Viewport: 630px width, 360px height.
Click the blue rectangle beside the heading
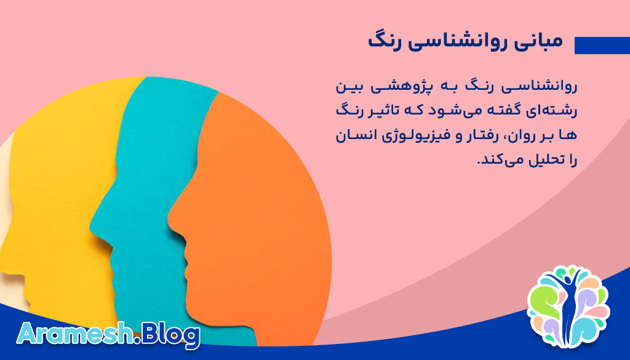(x=602, y=46)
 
